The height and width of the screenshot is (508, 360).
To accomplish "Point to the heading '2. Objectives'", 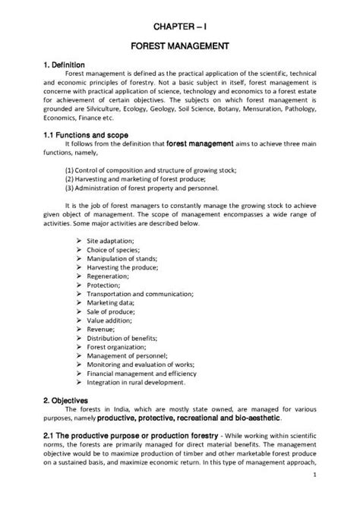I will pos(65,399).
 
